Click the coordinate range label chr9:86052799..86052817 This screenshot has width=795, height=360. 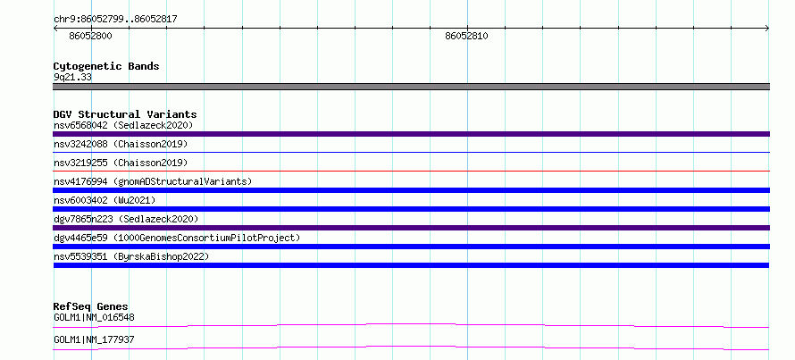tap(115, 20)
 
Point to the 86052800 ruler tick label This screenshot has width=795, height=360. tap(91, 36)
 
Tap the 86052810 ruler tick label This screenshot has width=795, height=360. tap(467, 36)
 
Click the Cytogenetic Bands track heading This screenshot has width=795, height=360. tap(106, 66)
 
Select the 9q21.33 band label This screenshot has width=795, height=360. tap(72, 78)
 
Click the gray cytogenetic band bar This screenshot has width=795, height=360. tap(411, 87)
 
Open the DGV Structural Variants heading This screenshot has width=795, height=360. tap(125, 114)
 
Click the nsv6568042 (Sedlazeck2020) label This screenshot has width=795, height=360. tap(123, 125)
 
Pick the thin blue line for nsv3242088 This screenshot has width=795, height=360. tap(411, 152)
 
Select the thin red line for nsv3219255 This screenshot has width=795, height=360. tap(411, 171)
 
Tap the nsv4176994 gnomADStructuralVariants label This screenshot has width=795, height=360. tap(153, 181)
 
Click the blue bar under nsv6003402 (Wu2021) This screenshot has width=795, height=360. tap(411, 209)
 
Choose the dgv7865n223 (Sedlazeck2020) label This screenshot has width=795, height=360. tap(126, 219)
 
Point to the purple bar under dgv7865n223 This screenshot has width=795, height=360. tap(411, 228)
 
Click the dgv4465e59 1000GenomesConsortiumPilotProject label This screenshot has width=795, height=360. tap(177, 238)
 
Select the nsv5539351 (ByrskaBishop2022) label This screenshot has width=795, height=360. tap(131, 256)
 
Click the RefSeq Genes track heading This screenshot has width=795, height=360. tap(91, 306)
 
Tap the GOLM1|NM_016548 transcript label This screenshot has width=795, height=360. tap(94, 318)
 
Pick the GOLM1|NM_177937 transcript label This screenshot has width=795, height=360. tap(94, 339)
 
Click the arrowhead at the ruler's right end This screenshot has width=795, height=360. tap(767, 29)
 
